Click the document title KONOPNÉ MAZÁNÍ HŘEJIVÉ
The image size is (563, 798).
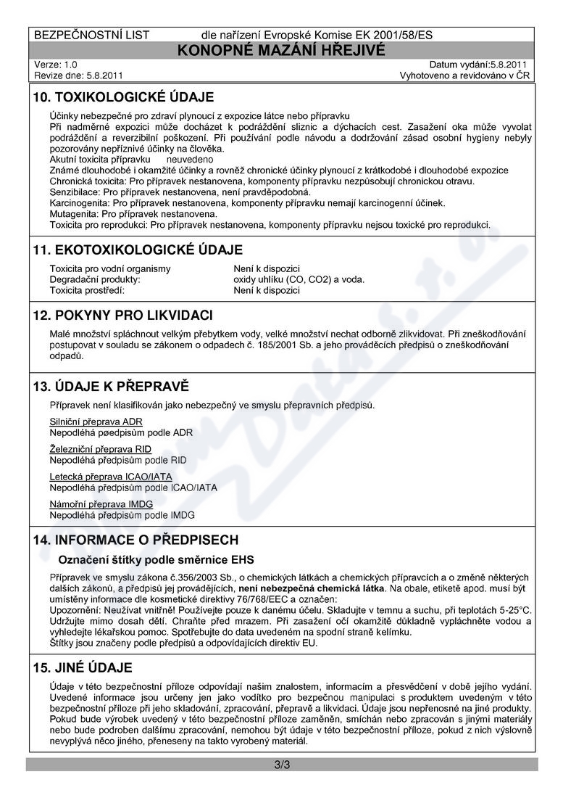point(281,49)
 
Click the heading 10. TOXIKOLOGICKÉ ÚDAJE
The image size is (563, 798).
point(124,97)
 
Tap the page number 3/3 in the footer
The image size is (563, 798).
point(281,765)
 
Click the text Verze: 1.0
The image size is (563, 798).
point(56,65)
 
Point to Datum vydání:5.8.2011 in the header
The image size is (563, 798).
point(478,65)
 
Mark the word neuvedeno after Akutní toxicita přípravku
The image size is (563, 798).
point(190,158)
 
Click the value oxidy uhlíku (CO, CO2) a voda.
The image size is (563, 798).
point(299,279)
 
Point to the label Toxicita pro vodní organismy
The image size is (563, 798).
point(110,268)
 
